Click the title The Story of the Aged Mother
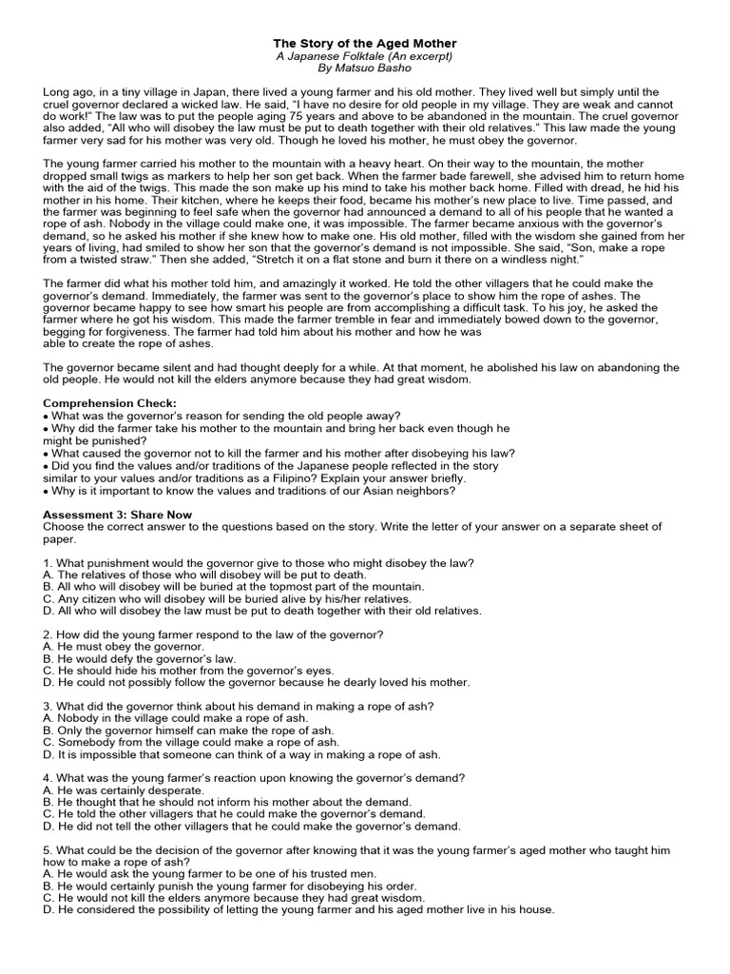365,44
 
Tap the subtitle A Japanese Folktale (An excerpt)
365,56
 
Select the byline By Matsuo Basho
365,68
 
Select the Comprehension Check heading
110,403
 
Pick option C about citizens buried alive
227,599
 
